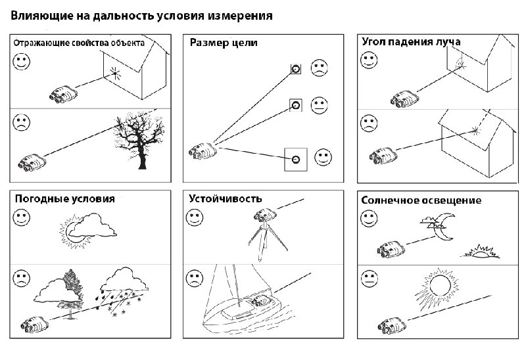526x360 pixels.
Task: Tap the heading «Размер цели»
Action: pos(224,43)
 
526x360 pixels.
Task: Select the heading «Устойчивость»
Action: pos(225,198)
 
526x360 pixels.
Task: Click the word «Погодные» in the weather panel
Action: pos(36,199)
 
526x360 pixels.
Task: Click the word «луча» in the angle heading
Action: pos(448,42)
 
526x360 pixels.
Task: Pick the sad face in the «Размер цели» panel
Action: pos(320,68)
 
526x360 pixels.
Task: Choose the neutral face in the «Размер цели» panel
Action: pos(319,105)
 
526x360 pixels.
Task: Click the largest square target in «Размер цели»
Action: pos(295,160)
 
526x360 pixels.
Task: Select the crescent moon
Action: pos(444,227)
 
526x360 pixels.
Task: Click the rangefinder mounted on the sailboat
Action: pos(261,301)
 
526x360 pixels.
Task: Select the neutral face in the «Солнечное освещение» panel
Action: pos(369,279)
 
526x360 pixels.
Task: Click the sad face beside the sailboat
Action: pos(195,279)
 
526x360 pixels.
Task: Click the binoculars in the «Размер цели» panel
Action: pos(203,151)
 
